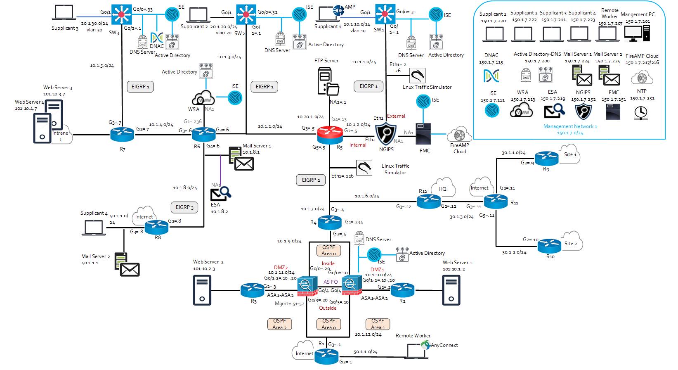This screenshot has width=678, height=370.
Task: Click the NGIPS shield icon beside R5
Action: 386,134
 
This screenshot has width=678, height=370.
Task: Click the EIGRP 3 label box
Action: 184,207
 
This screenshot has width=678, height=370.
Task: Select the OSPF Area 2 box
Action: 279,324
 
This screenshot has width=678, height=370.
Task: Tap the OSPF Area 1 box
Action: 378,324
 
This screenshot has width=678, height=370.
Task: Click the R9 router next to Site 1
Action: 546,158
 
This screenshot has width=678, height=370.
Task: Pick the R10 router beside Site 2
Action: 549,246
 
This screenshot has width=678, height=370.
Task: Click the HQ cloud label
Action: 443,189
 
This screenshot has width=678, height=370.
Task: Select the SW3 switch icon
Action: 121,14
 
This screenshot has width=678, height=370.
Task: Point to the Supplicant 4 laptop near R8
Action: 93,228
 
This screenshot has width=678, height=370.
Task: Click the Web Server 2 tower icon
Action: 202,290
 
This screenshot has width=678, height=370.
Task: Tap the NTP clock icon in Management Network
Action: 641,112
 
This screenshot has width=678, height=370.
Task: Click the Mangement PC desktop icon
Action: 637,33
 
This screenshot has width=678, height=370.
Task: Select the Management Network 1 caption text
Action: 570,126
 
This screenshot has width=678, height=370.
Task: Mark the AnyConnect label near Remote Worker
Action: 444,345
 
